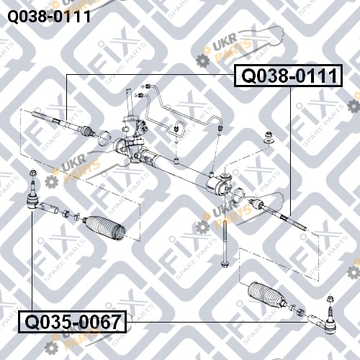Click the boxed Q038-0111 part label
[x=288, y=76]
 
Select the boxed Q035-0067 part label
[x=73, y=322]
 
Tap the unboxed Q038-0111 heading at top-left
[x=49, y=17]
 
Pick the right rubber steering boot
[x=266, y=294]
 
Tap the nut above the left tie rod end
[x=32, y=173]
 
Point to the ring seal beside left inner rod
[x=104, y=138]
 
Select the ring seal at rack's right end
[x=238, y=195]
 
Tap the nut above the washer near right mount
[x=269, y=135]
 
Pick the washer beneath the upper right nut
[x=269, y=141]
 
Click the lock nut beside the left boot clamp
[x=66, y=213]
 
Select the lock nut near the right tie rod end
[x=300, y=312]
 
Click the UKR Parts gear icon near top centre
[x=203, y=60]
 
